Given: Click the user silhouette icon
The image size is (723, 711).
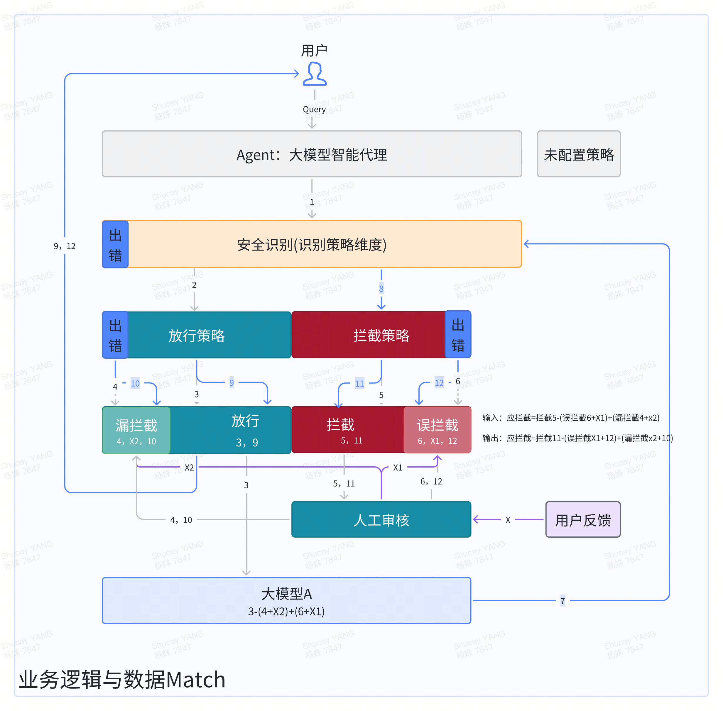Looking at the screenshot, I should click(314, 74).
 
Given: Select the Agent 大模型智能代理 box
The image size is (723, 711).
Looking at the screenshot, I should click(312, 154).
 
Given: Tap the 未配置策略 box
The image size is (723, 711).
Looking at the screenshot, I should click(578, 154).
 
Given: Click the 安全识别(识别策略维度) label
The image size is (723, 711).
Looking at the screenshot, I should click(312, 245).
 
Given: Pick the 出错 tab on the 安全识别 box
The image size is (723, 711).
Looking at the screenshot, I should click(115, 245).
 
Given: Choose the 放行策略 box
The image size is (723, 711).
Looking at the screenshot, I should click(197, 335).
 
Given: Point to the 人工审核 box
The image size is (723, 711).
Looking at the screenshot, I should click(381, 519).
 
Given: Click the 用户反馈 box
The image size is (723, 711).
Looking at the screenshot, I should click(582, 519).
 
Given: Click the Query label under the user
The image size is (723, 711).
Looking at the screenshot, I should click(314, 109).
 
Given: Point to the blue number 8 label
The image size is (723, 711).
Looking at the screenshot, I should click(381, 289).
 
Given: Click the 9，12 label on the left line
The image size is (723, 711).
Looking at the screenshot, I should click(65, 246).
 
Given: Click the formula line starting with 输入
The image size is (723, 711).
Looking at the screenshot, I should click(570, 418).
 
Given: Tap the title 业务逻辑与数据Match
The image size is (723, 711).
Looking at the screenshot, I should click(122, 679).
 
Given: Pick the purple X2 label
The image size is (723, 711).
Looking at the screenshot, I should click(189, 468).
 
